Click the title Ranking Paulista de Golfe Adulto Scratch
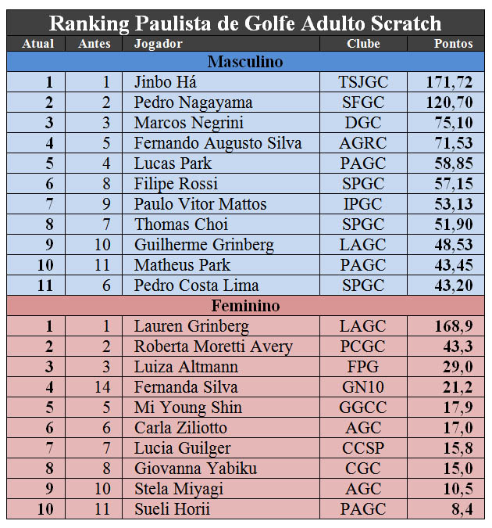(x=246, y=23)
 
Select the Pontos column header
(x=453, y=44)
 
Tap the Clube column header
(x=363, y=44)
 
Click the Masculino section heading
(x=245, y=62)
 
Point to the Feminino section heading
(x=245, y=306)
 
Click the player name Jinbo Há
(x=165, y=82)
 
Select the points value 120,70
(x=449, y=102)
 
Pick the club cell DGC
(x=363, y=123)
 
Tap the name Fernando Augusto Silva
(x=217, y=143)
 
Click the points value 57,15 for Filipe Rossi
(x=452, y=184)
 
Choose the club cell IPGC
(x=363, y=204)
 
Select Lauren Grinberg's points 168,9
(x=453, y=326)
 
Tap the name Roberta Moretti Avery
(x=213, y=347)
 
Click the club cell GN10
(x=363, y=387)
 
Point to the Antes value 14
(x=94, y=387)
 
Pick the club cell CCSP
(x=363, y=448)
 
